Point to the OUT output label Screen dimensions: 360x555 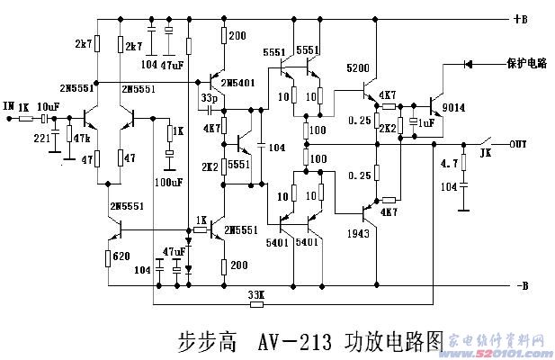(519, 142)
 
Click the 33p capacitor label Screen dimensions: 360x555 (210, 97)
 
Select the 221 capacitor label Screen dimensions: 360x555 (42, 138)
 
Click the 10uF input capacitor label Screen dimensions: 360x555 (49, 106)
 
